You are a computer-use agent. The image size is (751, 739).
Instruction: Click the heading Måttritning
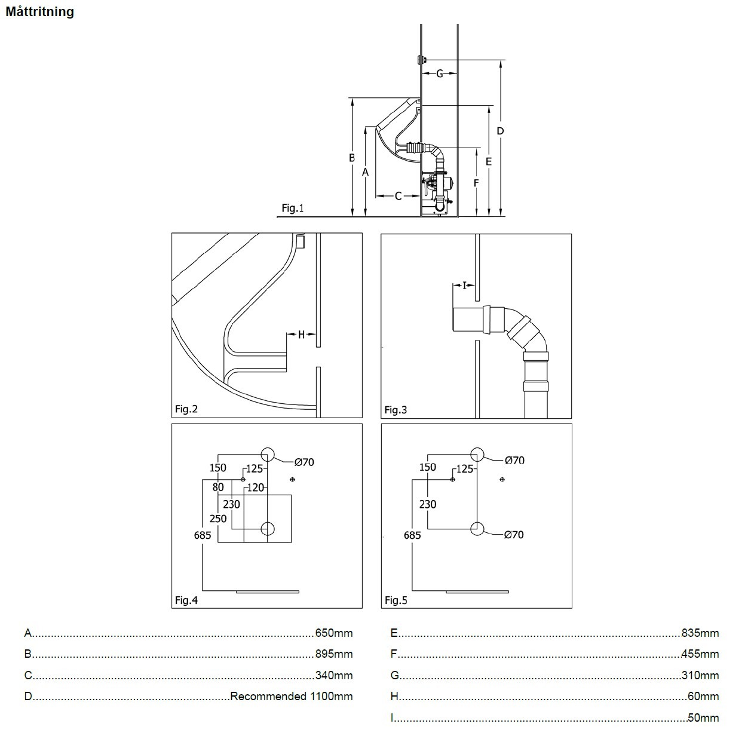point(40,12)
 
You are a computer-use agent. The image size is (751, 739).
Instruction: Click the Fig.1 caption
point(292,208)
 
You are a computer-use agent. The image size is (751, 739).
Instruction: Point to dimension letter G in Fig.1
point(440,73)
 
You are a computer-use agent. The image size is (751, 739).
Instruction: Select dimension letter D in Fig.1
point(501,131)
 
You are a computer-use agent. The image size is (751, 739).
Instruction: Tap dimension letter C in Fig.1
point(398,196)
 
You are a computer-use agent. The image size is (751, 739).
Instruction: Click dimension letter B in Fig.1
point(352,158)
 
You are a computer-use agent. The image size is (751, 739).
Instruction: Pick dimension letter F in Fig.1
point(476,183)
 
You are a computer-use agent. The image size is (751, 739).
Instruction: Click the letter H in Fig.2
point(301,335)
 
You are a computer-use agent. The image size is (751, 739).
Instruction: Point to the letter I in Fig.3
point(464,286)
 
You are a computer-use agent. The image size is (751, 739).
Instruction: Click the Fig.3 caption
point(396,410)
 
